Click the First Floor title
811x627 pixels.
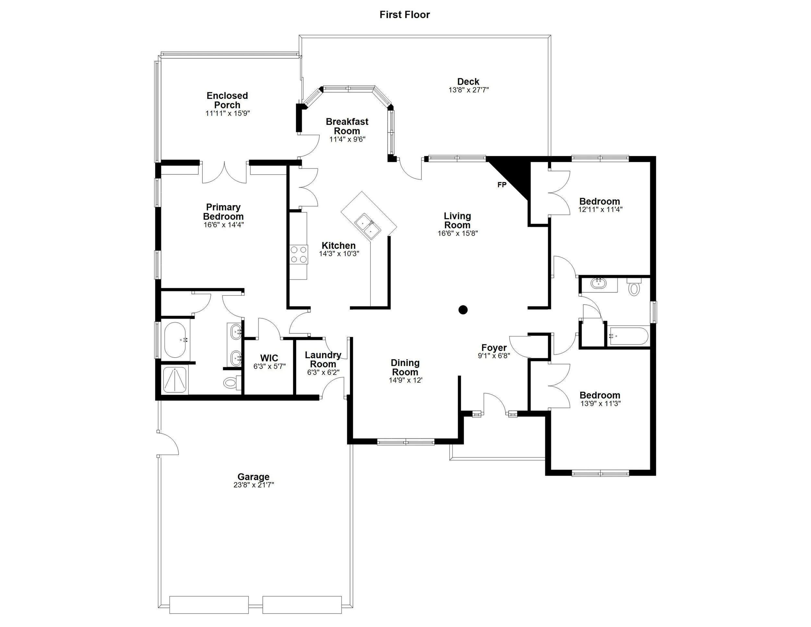click(x=405, y=15)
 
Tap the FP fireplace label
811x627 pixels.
click(x=502, y=185)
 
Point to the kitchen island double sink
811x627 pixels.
click(x=367, y=226)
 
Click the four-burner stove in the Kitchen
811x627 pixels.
click(x=298, y=254)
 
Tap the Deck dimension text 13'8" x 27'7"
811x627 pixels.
click(x=468, y=90)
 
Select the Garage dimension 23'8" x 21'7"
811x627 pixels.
click(x=254, y=485)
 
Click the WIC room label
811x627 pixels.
click(x=269, y=358)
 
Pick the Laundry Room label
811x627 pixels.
click(x=323, y=359)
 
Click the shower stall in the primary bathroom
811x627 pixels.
click(x=175, y=380)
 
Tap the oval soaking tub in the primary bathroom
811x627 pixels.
click(x=175, y=340)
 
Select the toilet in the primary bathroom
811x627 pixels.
click(x=231, y=382)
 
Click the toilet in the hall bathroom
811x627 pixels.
click(x=634, y=289)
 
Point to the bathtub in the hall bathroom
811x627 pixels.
click(x=629, y=336)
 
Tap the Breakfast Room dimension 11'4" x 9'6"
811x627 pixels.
click(x=347, y=139)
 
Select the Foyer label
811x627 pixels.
click(x=493, y=348)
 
